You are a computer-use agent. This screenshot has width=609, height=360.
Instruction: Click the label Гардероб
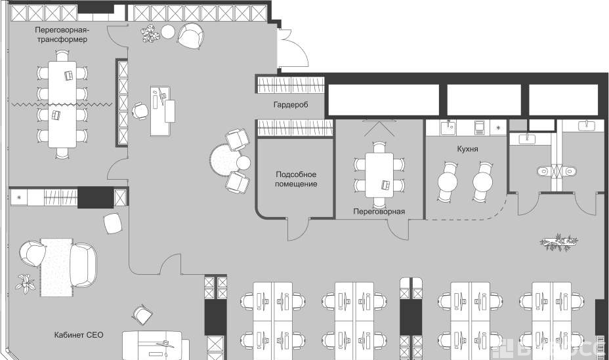click(291, 105)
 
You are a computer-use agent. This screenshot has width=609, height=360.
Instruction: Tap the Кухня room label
click(467, 149)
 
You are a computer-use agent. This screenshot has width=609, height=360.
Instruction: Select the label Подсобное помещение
click(296, 179)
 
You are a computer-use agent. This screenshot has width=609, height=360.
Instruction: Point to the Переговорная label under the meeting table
click(379, 211)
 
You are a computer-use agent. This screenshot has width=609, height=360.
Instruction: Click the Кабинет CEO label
click(79, 335)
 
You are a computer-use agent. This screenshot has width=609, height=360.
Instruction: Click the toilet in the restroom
click(543, 172)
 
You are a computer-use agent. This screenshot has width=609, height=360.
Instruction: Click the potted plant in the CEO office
click(25, 283)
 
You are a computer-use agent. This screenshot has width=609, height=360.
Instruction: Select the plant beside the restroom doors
click(559, 242)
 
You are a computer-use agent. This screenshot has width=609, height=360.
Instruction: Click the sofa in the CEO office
click(83, 264)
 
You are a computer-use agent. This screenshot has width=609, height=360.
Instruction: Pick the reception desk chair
click(140, 110)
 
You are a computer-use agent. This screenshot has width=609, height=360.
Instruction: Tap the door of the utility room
click(299, 229)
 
